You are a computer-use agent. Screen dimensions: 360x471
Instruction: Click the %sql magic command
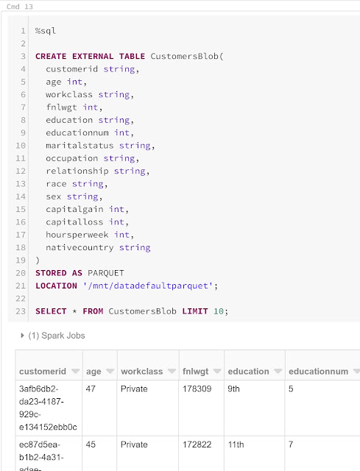46,31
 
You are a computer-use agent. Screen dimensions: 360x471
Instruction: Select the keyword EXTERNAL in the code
93,57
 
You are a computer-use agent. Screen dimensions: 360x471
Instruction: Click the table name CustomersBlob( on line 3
187,57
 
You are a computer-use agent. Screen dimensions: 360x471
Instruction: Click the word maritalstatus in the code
80,146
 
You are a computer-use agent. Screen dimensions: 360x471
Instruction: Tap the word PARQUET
106,273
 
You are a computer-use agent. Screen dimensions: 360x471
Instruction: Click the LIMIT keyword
195,311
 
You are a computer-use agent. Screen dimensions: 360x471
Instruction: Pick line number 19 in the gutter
21,260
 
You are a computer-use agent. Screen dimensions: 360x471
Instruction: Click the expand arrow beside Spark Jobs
22,336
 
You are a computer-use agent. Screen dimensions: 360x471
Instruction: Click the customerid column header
43,372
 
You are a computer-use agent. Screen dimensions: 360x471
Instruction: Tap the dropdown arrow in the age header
110,371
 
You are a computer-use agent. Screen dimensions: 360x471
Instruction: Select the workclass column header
142,372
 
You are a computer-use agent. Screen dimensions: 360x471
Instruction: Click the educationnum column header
318,372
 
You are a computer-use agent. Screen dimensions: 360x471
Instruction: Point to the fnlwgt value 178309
197,389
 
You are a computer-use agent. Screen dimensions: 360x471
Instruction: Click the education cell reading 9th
234,389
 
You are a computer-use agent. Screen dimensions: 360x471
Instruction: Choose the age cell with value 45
91,445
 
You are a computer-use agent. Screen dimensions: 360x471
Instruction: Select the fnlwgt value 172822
197,445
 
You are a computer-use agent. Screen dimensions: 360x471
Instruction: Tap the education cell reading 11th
236,445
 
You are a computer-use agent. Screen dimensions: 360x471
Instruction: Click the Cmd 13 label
20,7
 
